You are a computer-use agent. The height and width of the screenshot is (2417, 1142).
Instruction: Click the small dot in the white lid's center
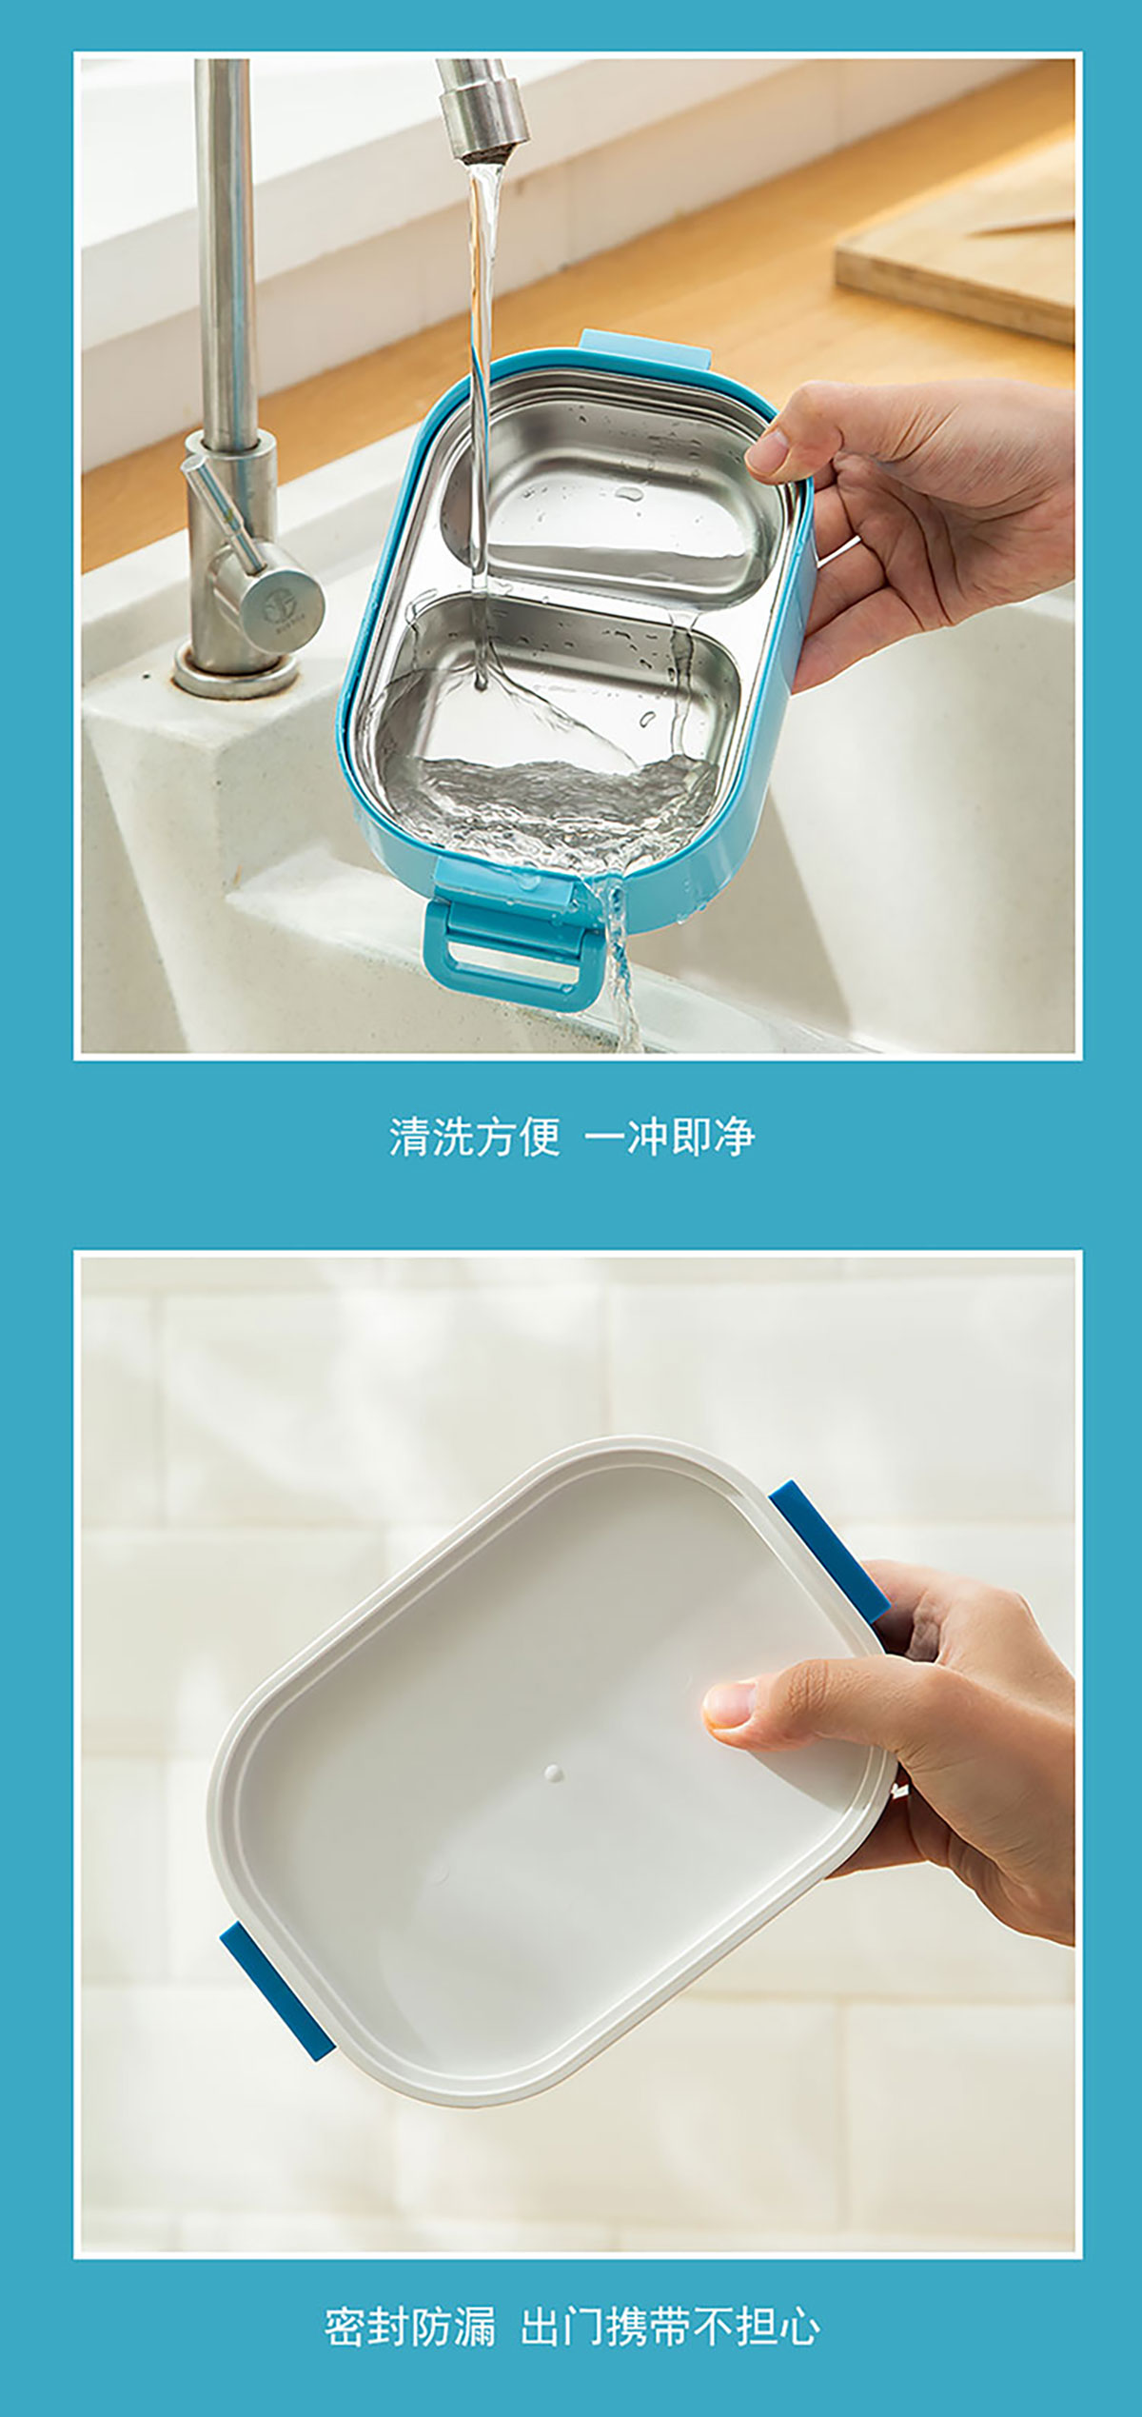tap(553, 1773)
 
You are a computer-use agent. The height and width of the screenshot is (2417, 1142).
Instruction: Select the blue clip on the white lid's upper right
tap(830, 1551)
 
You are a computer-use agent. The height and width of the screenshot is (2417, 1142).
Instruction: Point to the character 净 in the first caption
tap(734, 1137)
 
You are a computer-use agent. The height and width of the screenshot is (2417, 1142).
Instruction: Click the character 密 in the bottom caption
tap(345, 2328)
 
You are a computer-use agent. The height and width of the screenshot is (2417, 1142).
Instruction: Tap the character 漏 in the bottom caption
tap(475, 2328)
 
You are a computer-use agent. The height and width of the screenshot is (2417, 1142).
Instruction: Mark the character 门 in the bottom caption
tap(582, 2328)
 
